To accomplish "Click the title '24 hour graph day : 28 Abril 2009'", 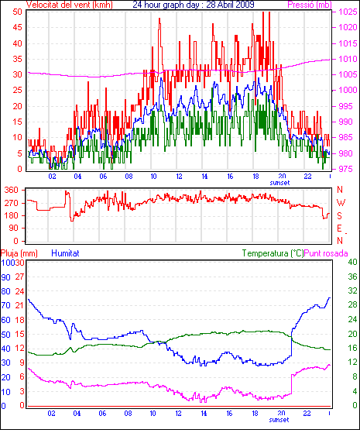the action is click(194, 5).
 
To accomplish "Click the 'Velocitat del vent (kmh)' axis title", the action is click(70, 5).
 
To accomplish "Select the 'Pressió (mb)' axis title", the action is click(310, 5).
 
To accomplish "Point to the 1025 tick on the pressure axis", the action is click(348, 12).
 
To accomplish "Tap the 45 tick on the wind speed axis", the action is click(17, 27).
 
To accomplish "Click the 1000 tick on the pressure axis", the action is click(348, 90).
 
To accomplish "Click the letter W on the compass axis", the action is click(341, 203).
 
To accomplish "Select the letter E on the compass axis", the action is click(339, 228).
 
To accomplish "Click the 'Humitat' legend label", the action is click(65, 253).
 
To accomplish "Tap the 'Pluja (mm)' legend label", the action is click(19, 253).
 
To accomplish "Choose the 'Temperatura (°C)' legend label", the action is click(273, 253).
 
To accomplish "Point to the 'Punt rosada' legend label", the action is click(326, 253).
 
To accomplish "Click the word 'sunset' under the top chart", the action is click(279, 183).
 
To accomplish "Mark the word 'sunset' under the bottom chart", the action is click(279, 420).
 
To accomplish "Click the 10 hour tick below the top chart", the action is click(153, 176).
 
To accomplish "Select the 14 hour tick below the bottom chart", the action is click(204, 414).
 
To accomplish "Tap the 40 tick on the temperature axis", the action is click(352, 262).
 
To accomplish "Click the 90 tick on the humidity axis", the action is click(5, 277).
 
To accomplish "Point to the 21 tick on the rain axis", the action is click(19, 305).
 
